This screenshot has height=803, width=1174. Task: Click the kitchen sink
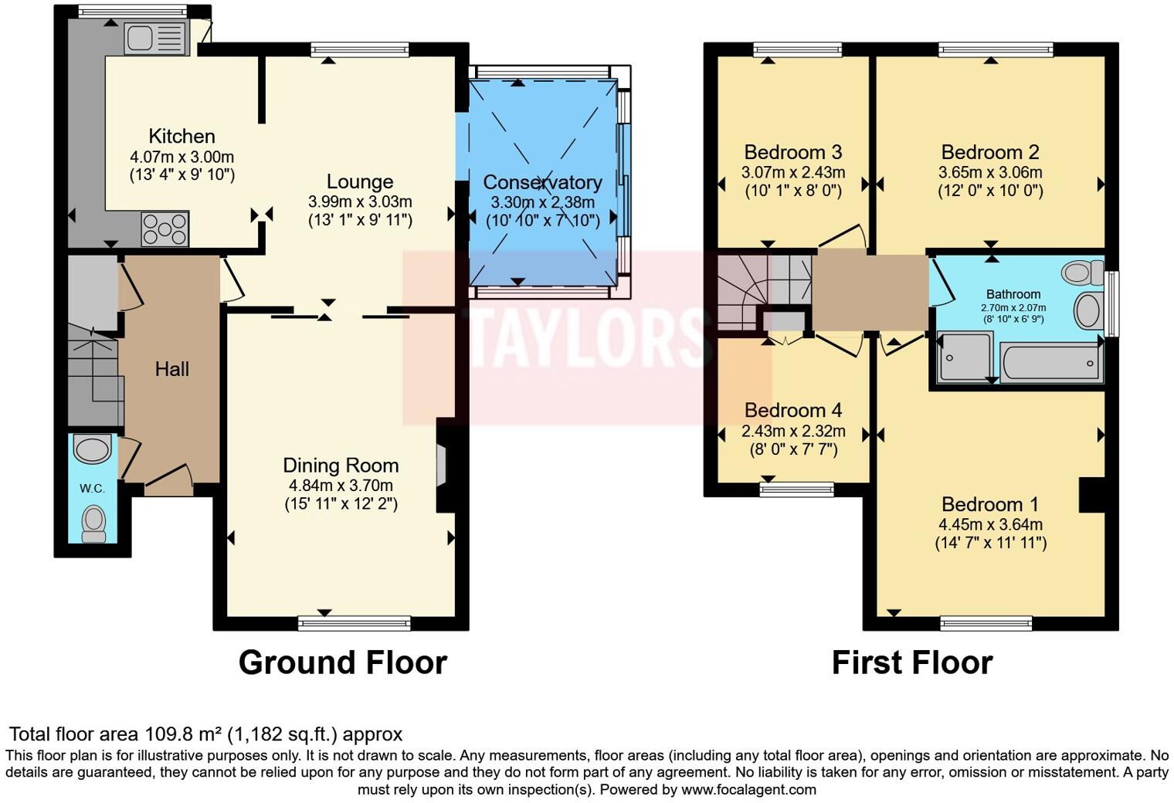tap(155, 38)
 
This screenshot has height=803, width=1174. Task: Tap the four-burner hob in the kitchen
tap(165, 229)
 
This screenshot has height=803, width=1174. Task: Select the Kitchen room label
tap(182, 136)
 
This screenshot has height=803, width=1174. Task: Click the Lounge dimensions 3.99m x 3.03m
tap(360, 202)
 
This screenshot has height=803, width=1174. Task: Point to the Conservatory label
tap(542, 182)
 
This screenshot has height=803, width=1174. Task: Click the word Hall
tap(171, 369)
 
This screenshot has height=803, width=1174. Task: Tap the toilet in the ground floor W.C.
tap(93, 523)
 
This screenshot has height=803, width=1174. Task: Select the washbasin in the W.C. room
tap(93, 450)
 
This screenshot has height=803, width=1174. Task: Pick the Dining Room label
tap(341, 465)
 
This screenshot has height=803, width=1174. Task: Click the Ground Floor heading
tap(342, 662)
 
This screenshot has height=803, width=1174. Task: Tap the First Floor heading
tap(911, 662)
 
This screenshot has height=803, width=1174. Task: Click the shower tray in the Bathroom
tap(964, 357)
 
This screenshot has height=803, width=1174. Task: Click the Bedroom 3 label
tap(792, 151)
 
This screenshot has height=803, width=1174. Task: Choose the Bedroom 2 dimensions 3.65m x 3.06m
tap(990, 172)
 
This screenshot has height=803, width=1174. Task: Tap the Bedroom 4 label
tap(792, 410)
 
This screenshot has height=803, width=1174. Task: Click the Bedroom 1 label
tap(990, 504)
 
